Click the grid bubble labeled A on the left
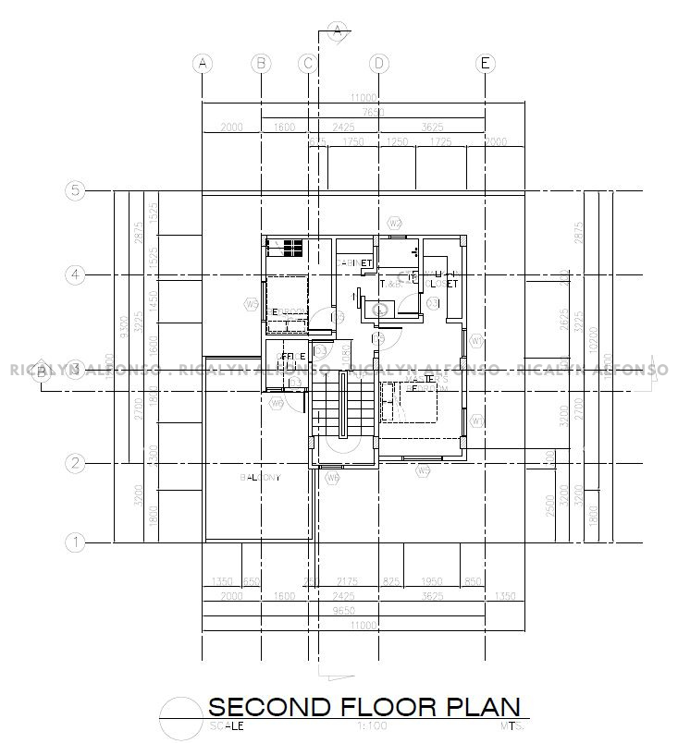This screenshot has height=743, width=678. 203,63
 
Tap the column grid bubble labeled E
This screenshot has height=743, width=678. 485,63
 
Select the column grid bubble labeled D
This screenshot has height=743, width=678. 378,63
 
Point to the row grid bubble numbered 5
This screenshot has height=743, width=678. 76,191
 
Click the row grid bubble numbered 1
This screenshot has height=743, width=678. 76,542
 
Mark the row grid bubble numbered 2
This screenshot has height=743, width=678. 76,463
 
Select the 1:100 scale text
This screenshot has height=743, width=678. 370,727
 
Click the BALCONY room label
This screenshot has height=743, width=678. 260,478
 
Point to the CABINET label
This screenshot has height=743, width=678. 353,263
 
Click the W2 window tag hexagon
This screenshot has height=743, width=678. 394,224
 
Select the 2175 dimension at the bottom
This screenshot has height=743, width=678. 349,581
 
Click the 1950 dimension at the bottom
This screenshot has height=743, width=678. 433,581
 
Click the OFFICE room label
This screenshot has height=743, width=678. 292,356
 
